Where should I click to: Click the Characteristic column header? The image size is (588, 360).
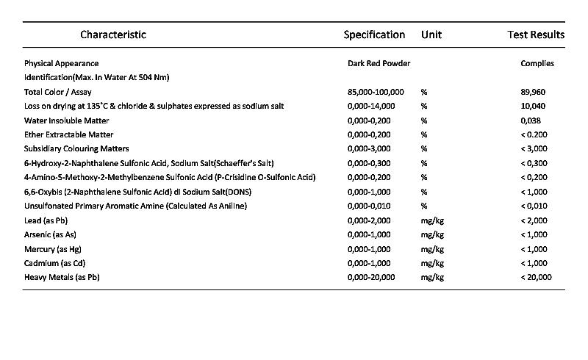tap(113, 35)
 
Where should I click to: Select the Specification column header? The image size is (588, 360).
tap(374, 35)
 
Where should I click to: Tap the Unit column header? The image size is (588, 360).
tap(431, 35)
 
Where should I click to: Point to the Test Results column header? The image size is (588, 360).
tap(536, 35)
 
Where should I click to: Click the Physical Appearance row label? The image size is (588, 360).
tap(61, 63)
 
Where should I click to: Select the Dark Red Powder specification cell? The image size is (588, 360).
tap(379, 63)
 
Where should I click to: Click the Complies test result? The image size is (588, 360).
tap(537, 63)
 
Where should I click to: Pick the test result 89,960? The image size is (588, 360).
tap(533, 92)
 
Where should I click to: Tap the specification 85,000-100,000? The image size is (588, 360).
tap(376, 92)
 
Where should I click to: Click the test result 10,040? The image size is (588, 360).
tap(533, 106)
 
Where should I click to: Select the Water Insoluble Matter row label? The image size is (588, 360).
tap(66, 120)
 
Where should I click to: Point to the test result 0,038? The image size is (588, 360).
tap(531, 120)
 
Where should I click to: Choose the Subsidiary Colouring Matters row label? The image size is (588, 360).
tap(76, 149)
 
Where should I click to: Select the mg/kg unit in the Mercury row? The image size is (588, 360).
tap(432, 249)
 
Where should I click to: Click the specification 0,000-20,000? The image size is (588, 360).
tap(371, 277)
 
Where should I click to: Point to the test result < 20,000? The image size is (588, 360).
tap(536, 277)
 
